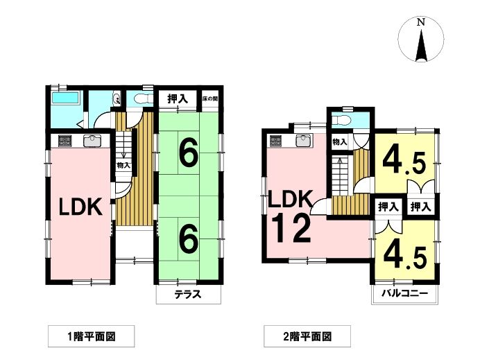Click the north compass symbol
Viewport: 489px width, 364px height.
click(421, 40)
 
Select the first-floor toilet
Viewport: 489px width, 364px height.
click(143, 98)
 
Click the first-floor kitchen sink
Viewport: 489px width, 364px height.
click(92, 141)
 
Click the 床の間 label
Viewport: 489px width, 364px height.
click(210, 98)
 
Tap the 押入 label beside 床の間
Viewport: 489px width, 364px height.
click(178, 98)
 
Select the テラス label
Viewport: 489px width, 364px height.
click(188, 294)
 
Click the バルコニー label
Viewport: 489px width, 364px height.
click(405, 293)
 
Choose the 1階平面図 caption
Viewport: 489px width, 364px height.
click(92, 336)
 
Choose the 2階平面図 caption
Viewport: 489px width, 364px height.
click(307, 336)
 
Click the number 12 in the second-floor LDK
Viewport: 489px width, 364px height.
click(291, 229)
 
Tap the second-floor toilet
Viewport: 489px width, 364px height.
click(341, 120)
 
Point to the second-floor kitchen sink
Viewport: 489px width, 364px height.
click(302, 141)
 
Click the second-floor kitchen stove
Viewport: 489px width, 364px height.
click(276, 141)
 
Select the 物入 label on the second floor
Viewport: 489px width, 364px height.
click(340, 142)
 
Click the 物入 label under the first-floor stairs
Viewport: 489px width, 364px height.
click(123, 166)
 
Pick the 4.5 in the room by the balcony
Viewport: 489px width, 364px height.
click(405, 257)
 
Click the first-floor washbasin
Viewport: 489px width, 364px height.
click(117, 98)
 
